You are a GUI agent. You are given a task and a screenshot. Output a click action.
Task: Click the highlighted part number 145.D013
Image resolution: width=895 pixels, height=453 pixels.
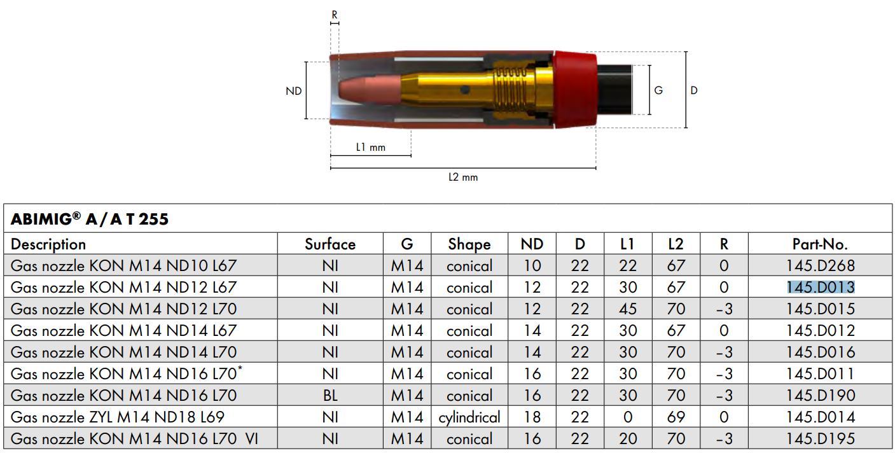(821, 287)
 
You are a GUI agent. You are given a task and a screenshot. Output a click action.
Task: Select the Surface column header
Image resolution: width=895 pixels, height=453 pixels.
(330, 244)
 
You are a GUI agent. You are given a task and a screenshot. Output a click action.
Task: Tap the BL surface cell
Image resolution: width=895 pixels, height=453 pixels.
(330, 396)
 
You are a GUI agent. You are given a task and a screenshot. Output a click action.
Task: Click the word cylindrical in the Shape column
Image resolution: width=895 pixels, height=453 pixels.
(469, 417)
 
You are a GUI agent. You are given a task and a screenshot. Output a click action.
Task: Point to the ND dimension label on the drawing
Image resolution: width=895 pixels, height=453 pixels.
(294, 91)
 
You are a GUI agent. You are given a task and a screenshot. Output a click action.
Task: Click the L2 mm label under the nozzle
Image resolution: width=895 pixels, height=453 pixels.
(463, 177)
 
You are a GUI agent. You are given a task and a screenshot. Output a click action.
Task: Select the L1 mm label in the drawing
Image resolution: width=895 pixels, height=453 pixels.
(371, 148)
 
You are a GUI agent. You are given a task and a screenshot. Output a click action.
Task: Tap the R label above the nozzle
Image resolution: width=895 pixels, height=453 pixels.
(335, 15)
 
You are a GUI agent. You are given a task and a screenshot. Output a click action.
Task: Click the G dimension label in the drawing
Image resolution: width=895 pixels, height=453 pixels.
(658, 90)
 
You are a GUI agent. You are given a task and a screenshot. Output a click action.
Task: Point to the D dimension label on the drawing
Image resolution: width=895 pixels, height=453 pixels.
(694, 90)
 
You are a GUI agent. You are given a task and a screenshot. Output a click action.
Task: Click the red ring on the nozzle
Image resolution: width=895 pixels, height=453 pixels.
(575, 90)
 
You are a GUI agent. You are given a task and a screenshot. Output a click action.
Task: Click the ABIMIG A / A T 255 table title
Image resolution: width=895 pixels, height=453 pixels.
(90, 219)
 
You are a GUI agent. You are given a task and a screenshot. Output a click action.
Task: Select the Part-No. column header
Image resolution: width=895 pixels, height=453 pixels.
(821, 244)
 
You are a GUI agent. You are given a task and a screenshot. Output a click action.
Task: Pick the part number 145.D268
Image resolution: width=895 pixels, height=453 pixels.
(821, 266)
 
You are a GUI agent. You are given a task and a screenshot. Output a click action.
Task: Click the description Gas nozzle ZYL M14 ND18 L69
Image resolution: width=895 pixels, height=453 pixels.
(118, 417)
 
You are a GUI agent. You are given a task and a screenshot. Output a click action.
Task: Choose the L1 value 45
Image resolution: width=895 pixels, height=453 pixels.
(628, 309)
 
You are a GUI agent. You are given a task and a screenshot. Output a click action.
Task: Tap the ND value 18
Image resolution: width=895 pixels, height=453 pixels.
(532, 417)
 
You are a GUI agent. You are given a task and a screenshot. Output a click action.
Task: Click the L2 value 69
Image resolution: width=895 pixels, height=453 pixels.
(676, 417)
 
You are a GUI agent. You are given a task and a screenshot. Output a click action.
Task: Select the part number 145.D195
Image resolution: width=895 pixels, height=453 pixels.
(821, 438)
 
